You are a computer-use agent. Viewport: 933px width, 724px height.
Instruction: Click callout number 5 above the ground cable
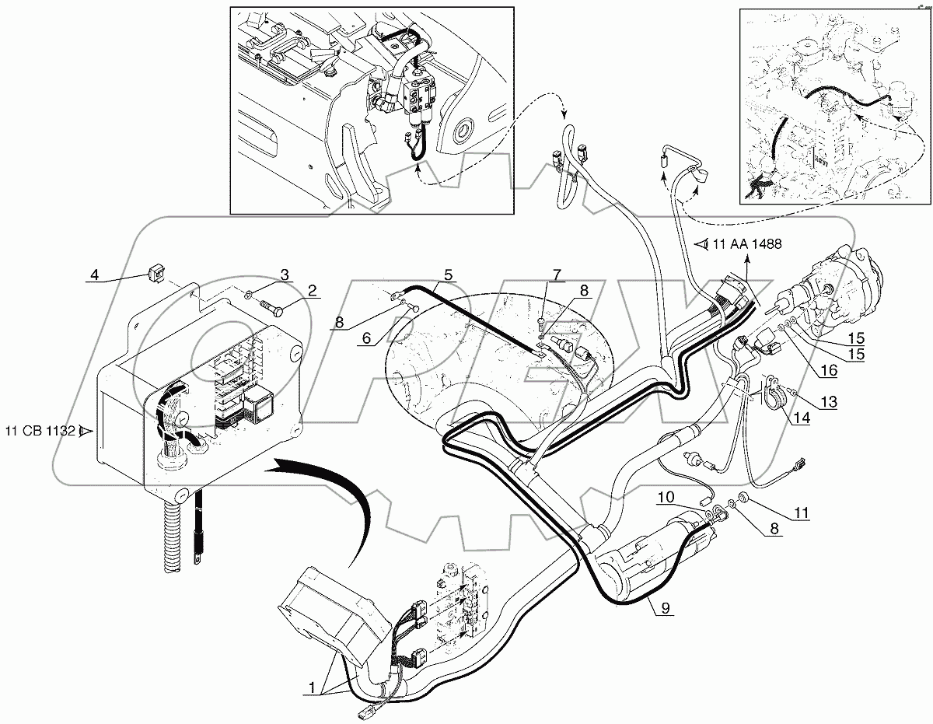[449, 274]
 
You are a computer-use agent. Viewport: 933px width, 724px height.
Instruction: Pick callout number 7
[556, 274]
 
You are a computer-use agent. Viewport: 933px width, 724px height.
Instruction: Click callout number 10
[668, 495]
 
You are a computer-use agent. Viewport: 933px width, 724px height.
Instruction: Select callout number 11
[801, 512]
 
